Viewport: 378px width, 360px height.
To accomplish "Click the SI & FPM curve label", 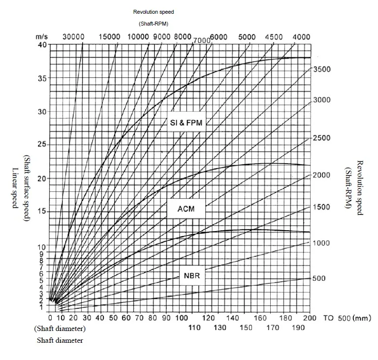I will (184, 123).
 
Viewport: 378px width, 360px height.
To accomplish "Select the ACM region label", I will (186, 209).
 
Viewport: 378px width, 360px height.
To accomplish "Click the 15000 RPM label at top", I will (109, 37).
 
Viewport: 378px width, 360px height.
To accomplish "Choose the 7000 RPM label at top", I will (202, 41).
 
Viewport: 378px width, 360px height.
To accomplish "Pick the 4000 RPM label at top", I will (301, 37).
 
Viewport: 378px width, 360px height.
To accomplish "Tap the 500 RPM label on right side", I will (319, 278).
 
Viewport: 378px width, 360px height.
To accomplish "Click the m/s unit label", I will (41, 37).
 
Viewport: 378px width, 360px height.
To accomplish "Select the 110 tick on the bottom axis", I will (194, 328).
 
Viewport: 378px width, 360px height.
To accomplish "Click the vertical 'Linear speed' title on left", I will (14, 187).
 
